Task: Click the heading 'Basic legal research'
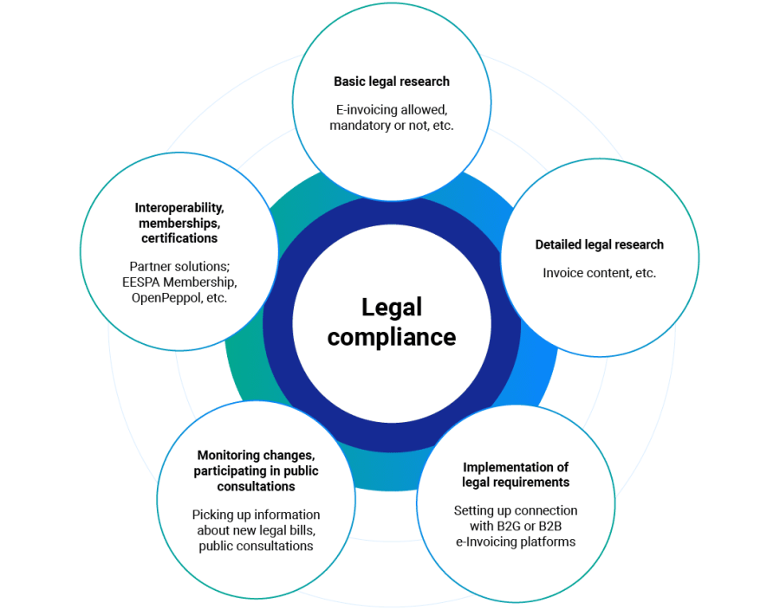coord(392,81)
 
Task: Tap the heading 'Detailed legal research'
coord(599,245)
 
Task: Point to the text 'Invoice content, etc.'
coord(599,273)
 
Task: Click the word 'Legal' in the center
coord(391,308)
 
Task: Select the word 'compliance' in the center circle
coord(391,336)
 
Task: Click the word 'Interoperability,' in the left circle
coord(179,208)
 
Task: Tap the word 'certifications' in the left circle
coord(179,237)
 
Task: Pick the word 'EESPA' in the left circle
coord(142,282)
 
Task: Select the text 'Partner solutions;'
coord(179,266)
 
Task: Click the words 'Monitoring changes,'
coord(256,455)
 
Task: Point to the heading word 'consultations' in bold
coord(256,486)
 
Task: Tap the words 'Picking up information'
coord(256,515)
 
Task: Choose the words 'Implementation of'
coord(516,467)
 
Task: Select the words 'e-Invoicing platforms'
coord(516,542)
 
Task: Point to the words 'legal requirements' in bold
coord(516,482)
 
